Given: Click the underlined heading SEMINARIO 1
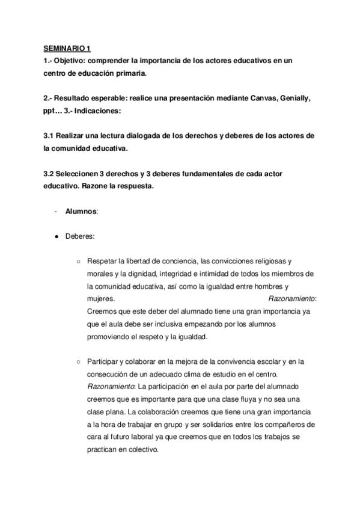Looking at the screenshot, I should click(66, 49).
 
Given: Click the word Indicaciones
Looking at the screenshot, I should click(96, 111).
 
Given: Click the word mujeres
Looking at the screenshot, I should click(100, 299).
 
